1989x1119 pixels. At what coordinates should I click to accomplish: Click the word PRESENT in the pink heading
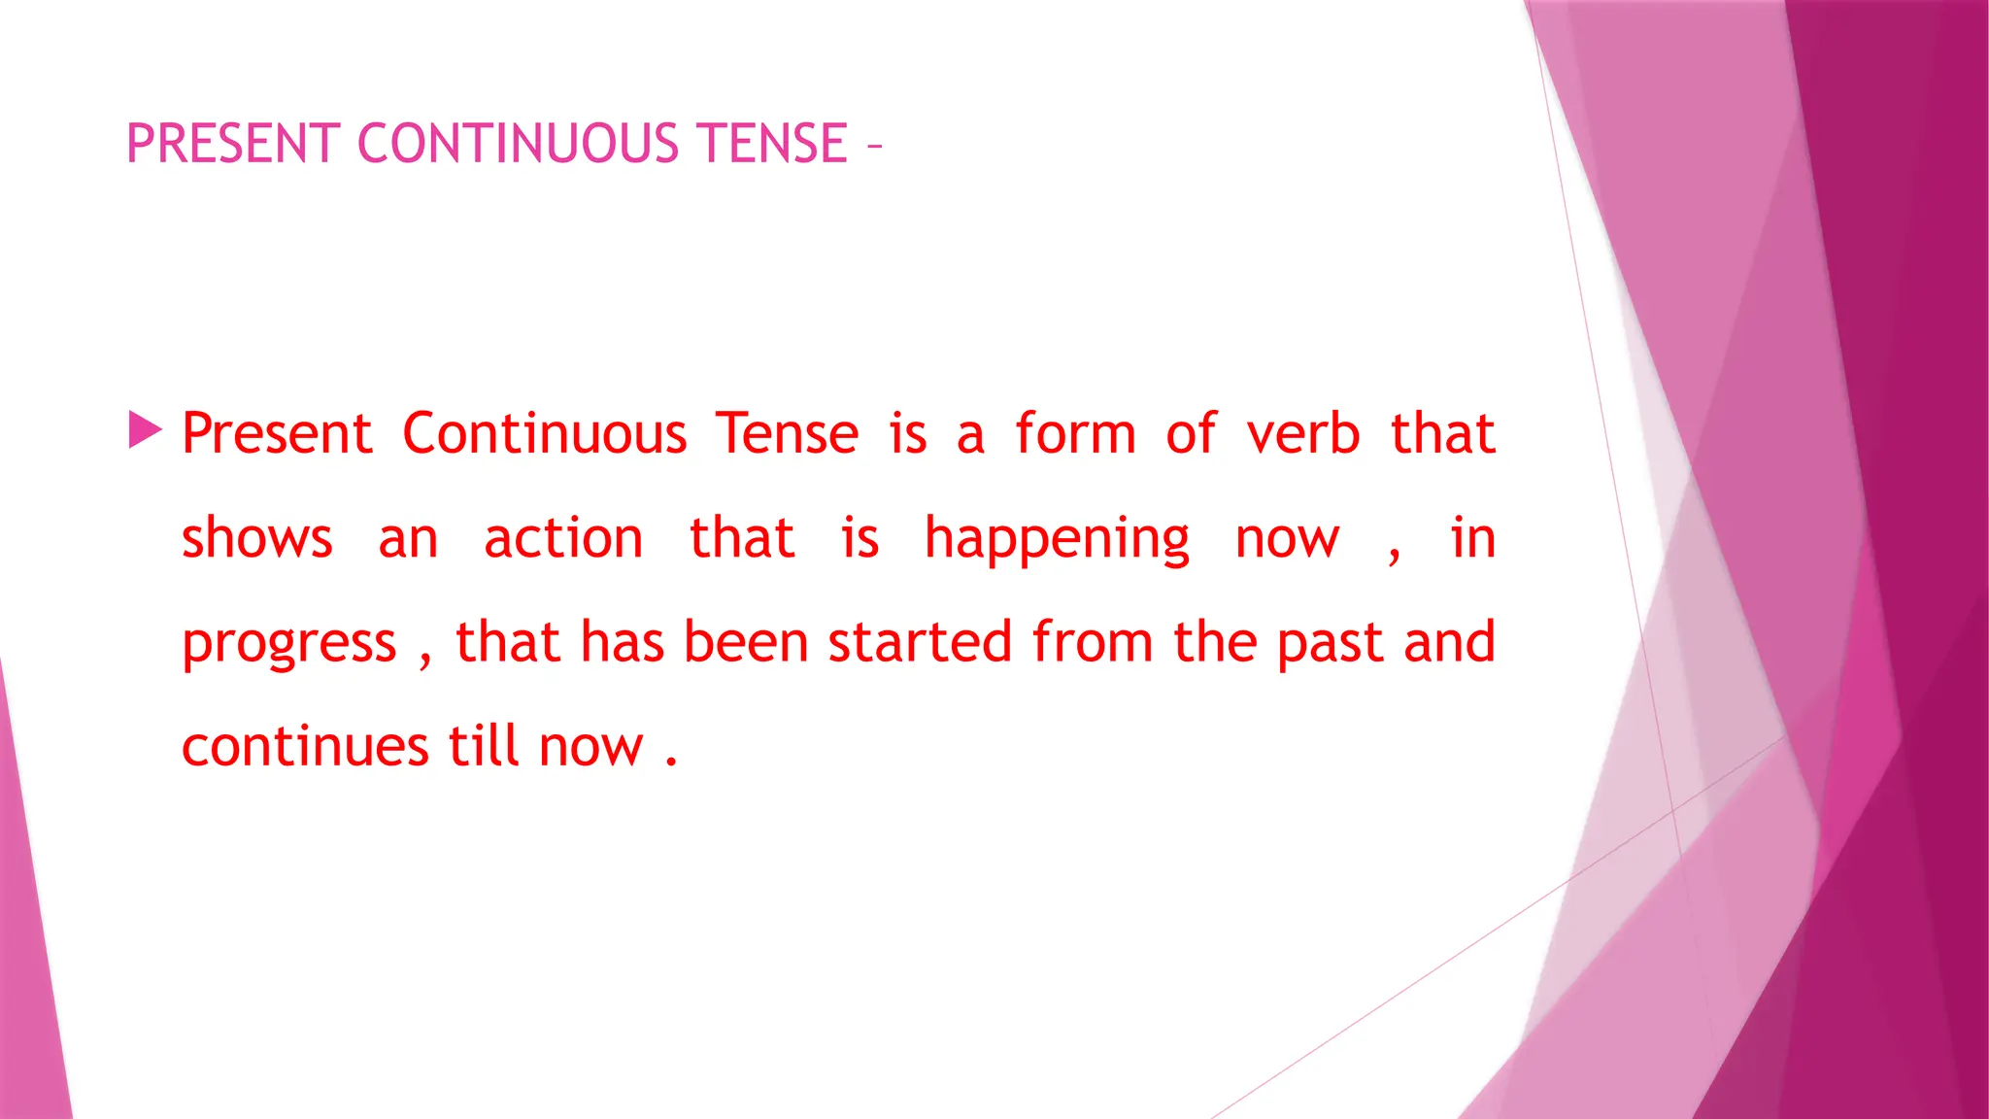click(x=233, y=144)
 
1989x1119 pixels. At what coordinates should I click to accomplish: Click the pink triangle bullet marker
click(x=145, y=430)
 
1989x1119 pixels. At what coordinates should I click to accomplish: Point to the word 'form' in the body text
click(x=1075, y=433)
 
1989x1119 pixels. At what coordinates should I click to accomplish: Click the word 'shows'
click(x=257, y=538)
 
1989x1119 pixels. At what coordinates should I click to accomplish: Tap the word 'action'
click(x=563, y=538)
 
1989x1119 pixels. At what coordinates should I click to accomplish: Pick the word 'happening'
click(x=1057, y=540)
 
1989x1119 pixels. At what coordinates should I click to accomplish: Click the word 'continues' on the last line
click(x=305, y=747)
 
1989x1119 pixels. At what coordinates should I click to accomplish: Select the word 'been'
click(x=746, y=642)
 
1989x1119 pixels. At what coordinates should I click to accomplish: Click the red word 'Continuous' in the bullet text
click(x=545, y=433)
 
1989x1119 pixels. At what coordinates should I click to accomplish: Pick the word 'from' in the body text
click(x=1092, y=642)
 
